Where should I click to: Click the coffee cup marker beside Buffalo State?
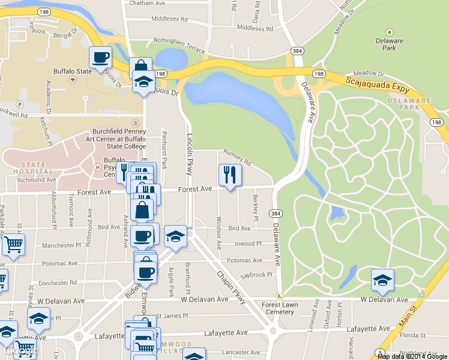(x=100, y=58)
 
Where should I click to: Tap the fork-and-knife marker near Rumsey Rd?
(x=230, y=175)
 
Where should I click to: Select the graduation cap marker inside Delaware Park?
(x=382, y=280)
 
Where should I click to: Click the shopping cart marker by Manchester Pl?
(x=13, y=245)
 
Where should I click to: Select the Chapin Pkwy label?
(x=231, y=287)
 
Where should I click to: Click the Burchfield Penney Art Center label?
(x=119, y=139)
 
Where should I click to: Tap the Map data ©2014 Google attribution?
(x=412, y=356)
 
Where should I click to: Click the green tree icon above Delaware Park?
(x=390, y=32)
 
